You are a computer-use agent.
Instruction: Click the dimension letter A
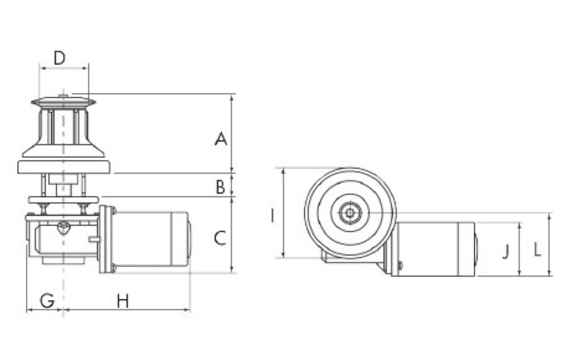(221, 138)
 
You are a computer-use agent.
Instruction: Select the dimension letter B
(220, 186)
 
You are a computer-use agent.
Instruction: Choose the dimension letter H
(123, 300)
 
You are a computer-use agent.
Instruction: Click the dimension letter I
(272, 215)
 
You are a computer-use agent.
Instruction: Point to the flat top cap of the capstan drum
(64, 102)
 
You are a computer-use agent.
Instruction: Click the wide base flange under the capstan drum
(64, 166)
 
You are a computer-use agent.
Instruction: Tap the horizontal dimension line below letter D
(64, 69)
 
